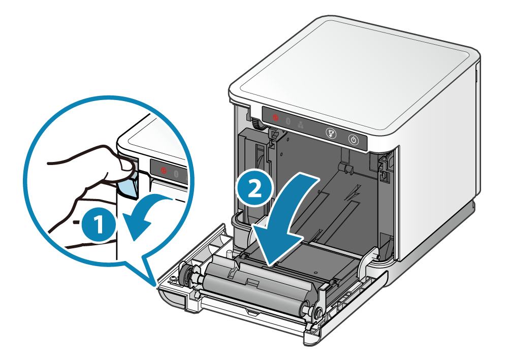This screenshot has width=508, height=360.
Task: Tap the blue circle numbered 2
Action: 255,189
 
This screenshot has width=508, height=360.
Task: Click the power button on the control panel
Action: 354,140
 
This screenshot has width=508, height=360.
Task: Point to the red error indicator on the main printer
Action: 275,117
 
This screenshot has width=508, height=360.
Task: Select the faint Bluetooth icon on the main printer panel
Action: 289,121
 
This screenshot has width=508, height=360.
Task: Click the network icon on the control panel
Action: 301,124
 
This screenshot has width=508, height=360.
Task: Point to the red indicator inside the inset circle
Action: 164,170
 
